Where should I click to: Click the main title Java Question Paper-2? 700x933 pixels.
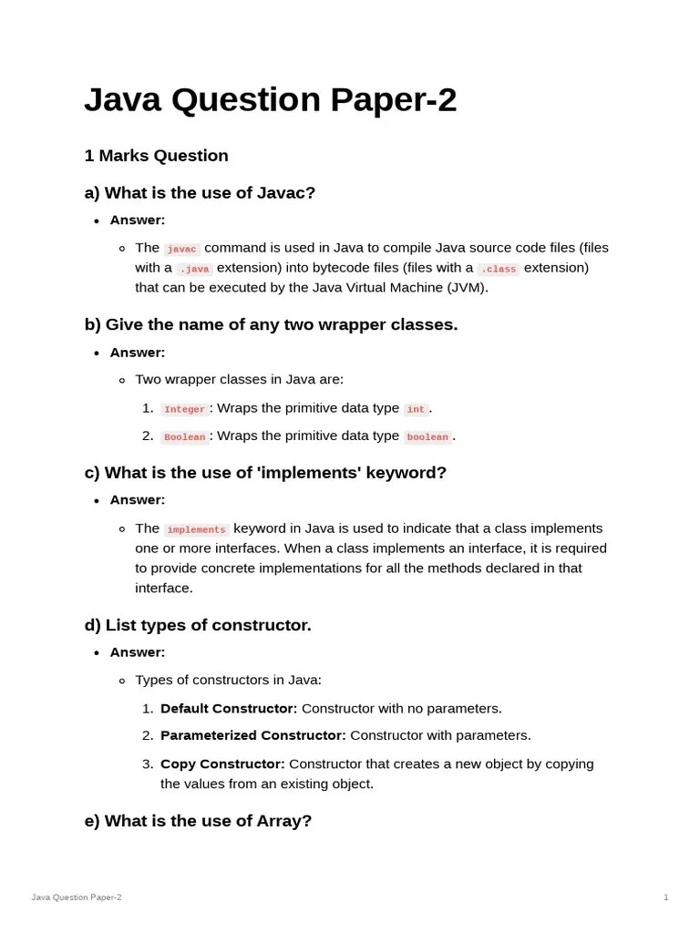tap(270, 100)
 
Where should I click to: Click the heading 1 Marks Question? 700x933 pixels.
tap(156, 156)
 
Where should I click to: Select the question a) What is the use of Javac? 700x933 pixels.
tap(200, 193)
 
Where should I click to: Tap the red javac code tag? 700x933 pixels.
tap(181, 249)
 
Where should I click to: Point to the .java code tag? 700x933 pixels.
tap(194, 269)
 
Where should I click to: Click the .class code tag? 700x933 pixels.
tap(499, 269)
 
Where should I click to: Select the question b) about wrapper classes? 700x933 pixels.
tap(271, 325)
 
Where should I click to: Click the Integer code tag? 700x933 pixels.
tap(184, 409)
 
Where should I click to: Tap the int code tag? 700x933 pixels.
tap(416, 409)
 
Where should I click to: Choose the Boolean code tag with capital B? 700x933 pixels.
tap(184, 436)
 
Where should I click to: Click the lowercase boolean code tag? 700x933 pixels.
tap(427, 436)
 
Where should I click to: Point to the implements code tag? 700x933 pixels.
tap(196, 529)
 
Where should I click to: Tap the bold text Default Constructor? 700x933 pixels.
tap(229, 709)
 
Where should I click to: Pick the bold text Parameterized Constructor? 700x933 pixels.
tap(252, 735)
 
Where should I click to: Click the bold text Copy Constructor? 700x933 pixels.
tap(222, 764)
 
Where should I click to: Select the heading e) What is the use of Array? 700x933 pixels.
tap(198, 821)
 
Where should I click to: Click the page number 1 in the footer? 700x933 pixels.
tap(665, 897)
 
